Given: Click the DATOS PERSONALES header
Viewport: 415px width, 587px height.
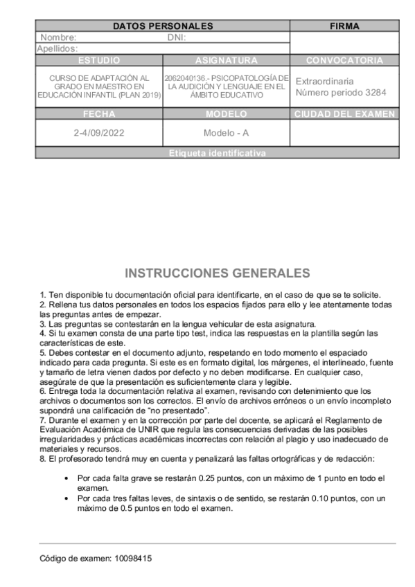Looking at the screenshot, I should (x=163, y=26).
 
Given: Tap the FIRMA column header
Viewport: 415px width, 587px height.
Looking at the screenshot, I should (x=344, y=26).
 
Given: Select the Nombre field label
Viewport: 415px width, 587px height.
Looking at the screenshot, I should (x=58, y=38).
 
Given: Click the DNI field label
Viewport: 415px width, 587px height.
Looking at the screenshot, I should (x=177, y=38).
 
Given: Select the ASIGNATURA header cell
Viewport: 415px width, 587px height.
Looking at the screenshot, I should (x=226, y=60).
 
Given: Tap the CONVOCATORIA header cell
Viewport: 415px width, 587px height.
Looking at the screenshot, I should (x=344, y=60).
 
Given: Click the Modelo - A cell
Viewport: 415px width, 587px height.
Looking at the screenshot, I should (x=226, y=133).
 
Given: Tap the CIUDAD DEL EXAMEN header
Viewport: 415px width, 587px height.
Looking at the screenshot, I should (x=344, y=114).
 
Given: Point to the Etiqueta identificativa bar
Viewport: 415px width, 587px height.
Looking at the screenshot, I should (x=217, y=153).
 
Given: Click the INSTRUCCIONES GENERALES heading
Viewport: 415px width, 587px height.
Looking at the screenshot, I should (x=217, y=273).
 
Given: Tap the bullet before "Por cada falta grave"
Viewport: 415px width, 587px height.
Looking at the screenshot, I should (x=66, y=478).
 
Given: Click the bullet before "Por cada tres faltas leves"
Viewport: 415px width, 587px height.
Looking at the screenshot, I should (x=66, y=498).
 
